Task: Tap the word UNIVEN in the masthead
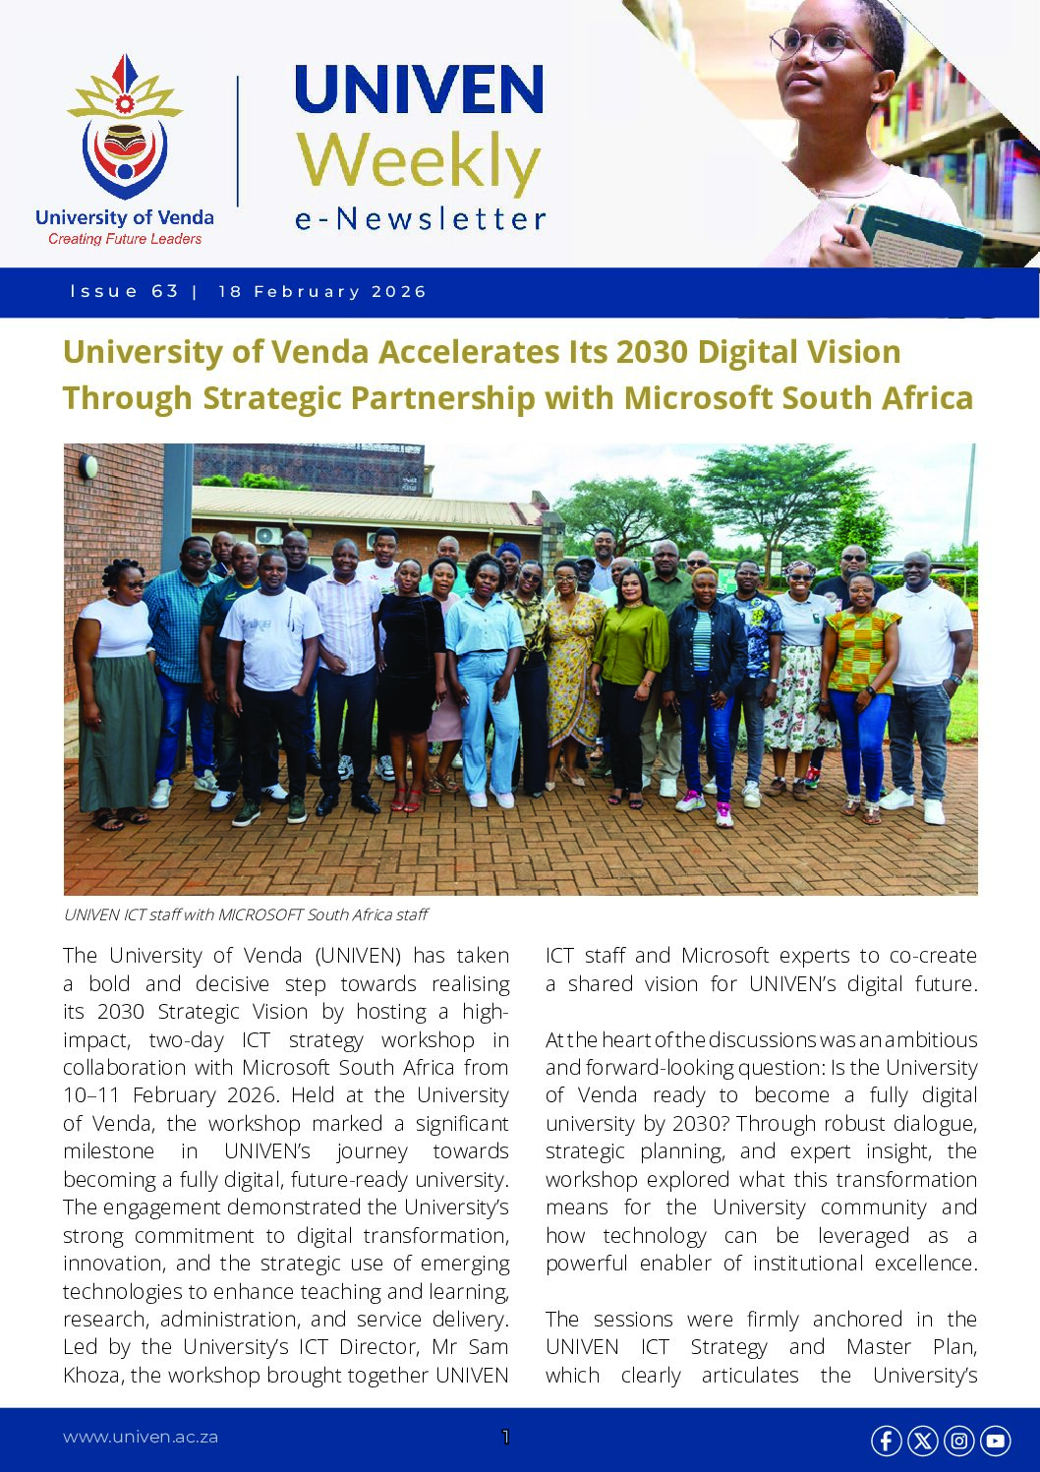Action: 419,89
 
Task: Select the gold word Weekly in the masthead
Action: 419,162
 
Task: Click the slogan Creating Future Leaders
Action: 125,239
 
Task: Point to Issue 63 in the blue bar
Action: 125,292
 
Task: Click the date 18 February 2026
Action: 322,292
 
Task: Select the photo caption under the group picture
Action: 246,914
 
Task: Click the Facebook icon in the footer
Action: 886,1441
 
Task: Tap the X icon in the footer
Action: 922,1441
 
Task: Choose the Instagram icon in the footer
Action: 958,1441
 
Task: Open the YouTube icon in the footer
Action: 995,1441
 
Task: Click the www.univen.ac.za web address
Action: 141,1437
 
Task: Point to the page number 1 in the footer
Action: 505,1437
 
